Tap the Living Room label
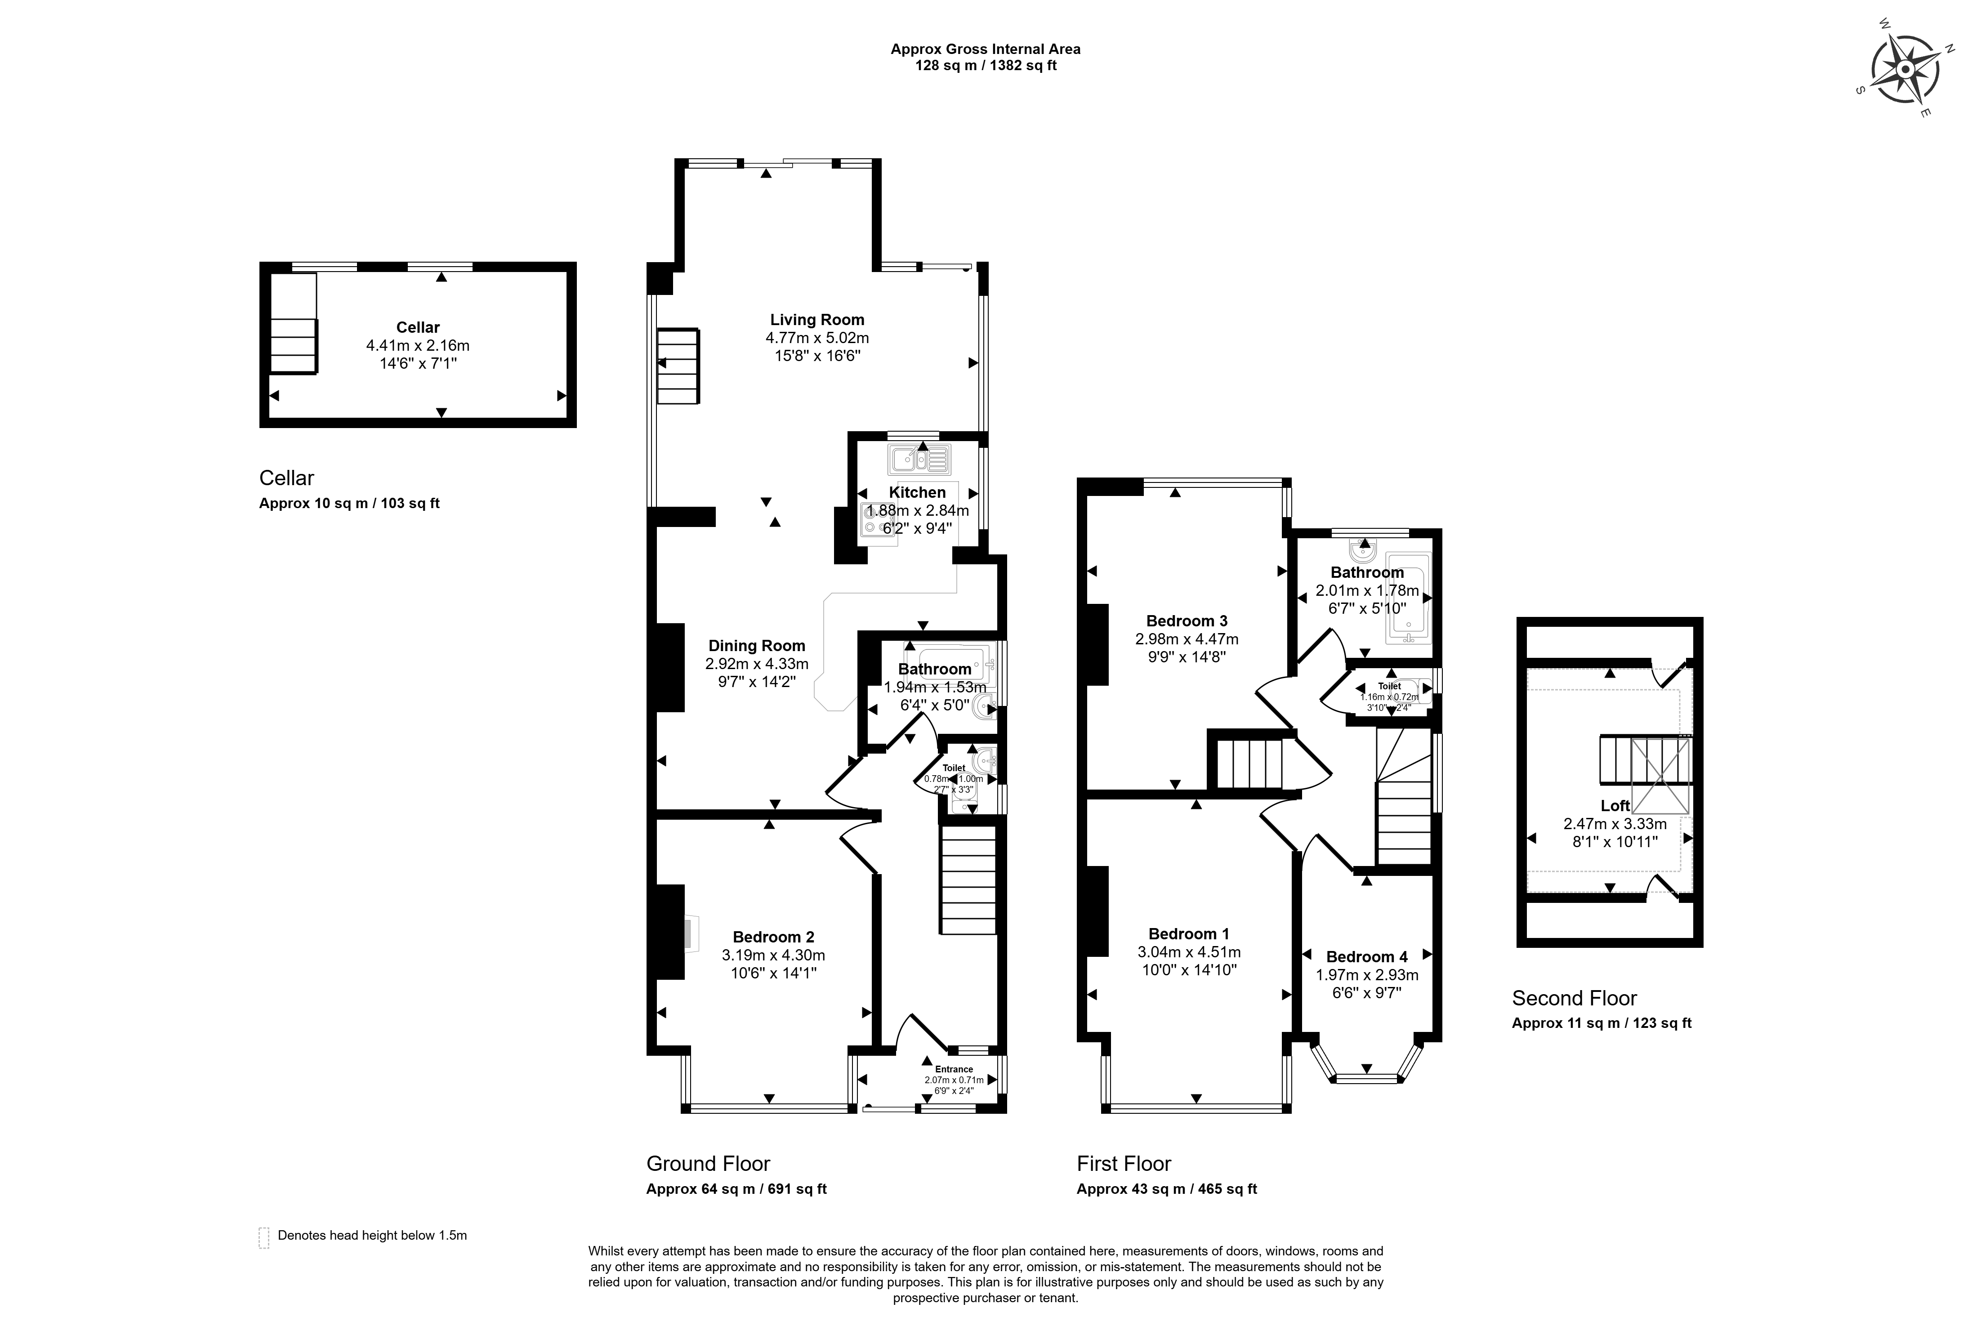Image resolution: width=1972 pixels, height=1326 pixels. tap(817, 320)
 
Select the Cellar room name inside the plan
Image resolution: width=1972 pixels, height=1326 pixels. tap(418, 327)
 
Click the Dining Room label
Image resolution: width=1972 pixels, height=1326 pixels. tap(757, 646)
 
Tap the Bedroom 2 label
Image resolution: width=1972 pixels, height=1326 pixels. tap(774, 937)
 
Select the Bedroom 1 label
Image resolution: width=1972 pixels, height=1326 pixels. tap(1189, 933)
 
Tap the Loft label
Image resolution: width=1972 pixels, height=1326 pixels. tap(1615, 806)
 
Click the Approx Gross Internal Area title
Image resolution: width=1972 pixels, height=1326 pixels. tap(985, 49)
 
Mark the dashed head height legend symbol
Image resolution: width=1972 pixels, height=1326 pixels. tap(264, 1237)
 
